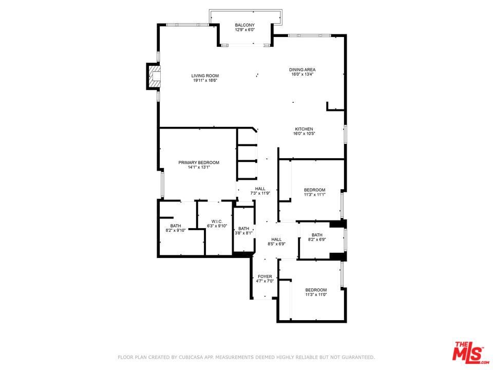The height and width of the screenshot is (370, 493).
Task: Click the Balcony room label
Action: coord(244,25)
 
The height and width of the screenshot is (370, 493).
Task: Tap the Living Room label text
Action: coord(205,76)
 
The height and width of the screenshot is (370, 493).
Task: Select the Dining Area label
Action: coord(302,70)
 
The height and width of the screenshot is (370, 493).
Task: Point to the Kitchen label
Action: coord(304,129)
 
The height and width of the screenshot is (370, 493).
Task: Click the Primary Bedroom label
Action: coord(199,163)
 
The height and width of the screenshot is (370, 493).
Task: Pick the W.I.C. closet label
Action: coord(217,221)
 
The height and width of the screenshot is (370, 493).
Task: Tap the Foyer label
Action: coord(265,276)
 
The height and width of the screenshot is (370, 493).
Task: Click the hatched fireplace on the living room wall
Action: coord(154,76)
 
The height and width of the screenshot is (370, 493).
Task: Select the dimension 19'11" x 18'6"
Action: coord(205,81)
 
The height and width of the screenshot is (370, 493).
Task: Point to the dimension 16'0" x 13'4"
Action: coord(302,75)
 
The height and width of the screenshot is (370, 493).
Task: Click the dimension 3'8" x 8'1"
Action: coord(243,233)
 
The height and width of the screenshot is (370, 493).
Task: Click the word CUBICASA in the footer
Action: coord(191,358)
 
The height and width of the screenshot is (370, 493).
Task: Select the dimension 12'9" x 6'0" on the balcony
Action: coord(244,30)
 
